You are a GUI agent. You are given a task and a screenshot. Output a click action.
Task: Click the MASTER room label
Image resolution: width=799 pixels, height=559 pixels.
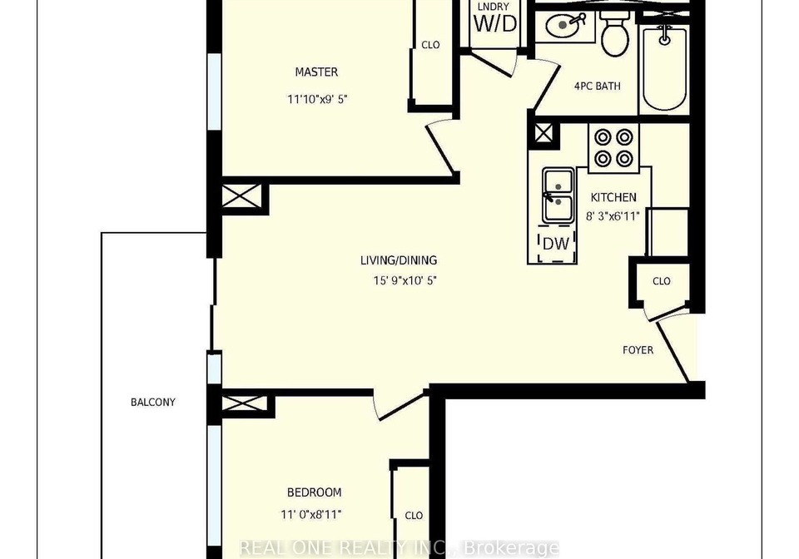coord(316,72)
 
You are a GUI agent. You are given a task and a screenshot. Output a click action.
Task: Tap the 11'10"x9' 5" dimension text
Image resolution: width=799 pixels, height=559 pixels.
coord(317,99)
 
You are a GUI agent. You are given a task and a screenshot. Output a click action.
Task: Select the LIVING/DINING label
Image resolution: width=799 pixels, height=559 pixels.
coord(399,260)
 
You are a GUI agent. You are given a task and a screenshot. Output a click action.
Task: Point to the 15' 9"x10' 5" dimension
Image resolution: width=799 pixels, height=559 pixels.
coord(405,280)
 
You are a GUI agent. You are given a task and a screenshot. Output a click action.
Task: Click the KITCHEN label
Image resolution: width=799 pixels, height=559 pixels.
coord(613,197)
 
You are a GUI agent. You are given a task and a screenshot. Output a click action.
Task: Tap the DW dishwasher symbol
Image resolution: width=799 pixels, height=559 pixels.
coord(556,244)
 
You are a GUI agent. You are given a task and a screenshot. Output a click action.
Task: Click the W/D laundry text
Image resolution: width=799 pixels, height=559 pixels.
coord(494,24)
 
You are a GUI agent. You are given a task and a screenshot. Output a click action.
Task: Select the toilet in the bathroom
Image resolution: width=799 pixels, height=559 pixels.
coord(616,32)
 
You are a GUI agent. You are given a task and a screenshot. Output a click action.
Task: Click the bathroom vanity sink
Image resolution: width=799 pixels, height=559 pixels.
coord(564,25)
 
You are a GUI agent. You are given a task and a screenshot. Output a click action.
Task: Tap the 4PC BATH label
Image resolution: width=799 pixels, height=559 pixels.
coord(598,86)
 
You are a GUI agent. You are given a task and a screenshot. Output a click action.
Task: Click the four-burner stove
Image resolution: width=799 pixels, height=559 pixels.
coord(613,147)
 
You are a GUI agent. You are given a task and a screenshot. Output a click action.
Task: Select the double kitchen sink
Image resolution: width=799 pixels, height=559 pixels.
coord(558,195)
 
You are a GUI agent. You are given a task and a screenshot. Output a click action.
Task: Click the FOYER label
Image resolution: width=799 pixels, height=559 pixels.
coord(638,350)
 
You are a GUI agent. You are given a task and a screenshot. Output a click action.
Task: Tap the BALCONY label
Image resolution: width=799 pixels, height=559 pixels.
coord(153,402)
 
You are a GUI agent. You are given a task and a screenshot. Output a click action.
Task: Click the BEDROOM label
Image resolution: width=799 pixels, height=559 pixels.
coord(315,492)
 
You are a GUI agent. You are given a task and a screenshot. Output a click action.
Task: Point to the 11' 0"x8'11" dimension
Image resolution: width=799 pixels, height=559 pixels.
coord(310,515)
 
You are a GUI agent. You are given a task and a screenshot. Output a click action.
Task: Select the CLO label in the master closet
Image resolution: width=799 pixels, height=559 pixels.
coord(430,45)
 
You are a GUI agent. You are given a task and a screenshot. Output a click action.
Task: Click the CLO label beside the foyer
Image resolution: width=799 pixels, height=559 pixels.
coord(662,281)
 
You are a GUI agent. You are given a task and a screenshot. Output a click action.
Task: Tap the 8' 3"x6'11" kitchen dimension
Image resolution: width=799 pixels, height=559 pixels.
coord(613,216)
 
